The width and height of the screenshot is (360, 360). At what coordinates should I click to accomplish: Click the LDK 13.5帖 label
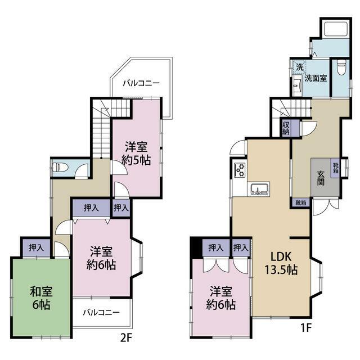pos(281,263)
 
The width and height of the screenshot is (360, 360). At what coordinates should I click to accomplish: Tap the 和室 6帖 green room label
pos(41,298)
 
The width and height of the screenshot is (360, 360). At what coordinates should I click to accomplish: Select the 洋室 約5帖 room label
pos(136,154)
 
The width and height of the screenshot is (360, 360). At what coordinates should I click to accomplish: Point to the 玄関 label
pos(321,178)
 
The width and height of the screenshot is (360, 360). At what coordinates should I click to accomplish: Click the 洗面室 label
pos(316,78)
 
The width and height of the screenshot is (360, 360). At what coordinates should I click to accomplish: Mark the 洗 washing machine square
pos(300,67)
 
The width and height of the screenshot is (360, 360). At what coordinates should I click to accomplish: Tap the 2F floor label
pos(126,337)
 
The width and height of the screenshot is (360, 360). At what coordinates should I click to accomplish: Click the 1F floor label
pos(306,328)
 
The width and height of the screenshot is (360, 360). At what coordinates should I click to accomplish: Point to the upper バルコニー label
pos(141,83)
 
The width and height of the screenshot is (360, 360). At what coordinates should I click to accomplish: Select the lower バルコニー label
pos(101,313)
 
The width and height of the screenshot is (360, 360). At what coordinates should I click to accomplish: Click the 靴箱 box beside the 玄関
pos(335,168)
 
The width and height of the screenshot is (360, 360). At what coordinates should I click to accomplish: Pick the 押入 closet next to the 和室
pos(36,247)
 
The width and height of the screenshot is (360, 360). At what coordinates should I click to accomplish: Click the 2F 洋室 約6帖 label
pos(101,258)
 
